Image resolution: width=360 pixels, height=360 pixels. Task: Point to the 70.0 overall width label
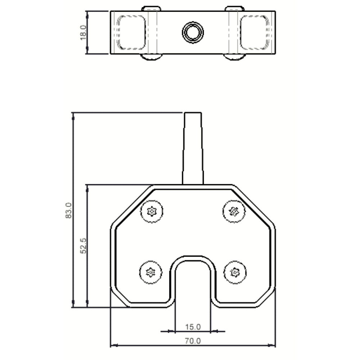pyautogui.click(x=193, y=341)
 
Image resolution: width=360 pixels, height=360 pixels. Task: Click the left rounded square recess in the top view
pyautogui.click(x=132, y=32)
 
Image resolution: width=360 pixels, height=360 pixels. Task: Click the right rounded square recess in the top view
pyautogui.click(x=255, y=32)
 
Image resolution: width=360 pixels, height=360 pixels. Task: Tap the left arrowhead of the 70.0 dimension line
pyautogui.click(x=113, y=346)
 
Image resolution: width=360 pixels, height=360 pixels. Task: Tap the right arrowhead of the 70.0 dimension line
pyautogui.click(x=273, y=346)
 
